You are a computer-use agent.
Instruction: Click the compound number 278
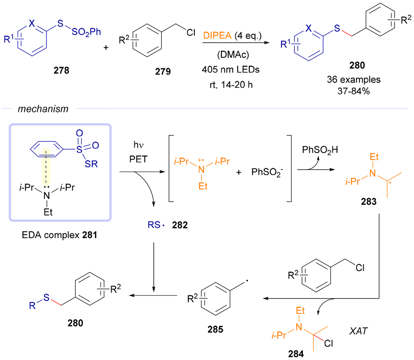[61, 70]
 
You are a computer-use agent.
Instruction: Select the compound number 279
[163, 71]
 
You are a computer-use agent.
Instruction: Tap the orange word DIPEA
[217, 35]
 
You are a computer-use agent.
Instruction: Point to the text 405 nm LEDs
[231, 69]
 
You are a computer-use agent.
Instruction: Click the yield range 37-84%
[354, 91]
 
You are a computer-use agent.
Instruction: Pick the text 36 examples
[354, 79]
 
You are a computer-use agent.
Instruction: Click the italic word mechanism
[43, 109]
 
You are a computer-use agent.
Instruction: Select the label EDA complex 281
[60, 235]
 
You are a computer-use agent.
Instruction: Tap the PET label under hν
[139, 159]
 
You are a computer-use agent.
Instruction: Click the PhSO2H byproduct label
[320, 150]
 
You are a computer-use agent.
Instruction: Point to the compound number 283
[368, 202]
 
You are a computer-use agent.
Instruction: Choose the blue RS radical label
[156, 225]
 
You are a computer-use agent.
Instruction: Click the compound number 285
[215, 329]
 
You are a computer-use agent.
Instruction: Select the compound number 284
[296, 354]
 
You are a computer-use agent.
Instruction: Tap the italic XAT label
[358, 331]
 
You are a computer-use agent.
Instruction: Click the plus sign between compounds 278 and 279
[106, 48]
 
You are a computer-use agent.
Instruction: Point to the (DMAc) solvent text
[233, 55]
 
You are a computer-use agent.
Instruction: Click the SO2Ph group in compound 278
[86, 32]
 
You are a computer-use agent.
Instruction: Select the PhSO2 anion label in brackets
[267, 172]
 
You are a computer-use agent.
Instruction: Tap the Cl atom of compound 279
[191, 33]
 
